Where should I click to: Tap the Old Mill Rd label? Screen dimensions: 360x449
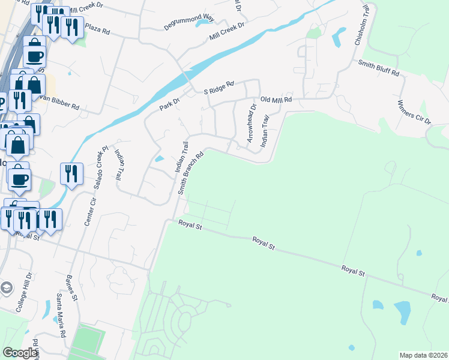click(276, 100)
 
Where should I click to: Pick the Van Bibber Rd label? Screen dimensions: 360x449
click(58, 103)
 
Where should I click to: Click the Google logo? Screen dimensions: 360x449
click(20, 353)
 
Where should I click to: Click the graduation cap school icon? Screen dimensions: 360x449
click(7, 287)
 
